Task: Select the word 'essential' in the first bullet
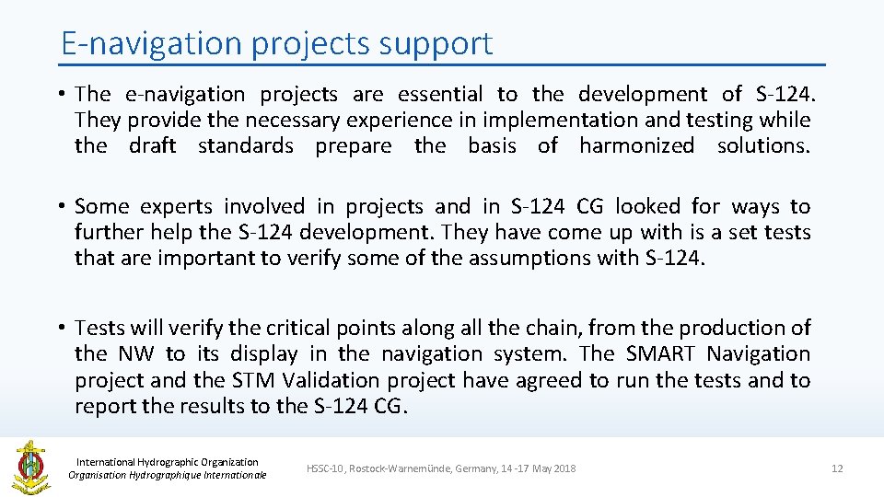[439, 94]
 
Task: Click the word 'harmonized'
[636, 145]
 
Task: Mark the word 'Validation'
[330, 380]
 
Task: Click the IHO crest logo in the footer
[30, 468]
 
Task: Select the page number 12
[836, 468]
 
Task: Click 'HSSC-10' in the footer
[325, 468]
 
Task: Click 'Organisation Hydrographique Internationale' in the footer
[168, 475]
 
